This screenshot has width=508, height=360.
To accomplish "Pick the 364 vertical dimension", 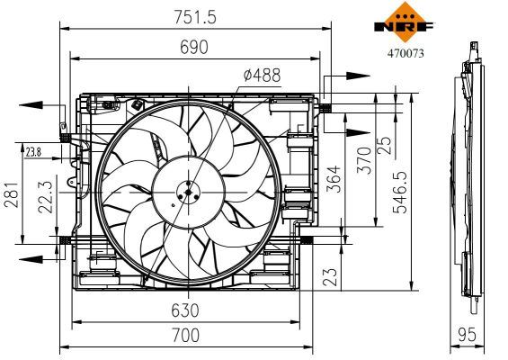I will coord(334,178).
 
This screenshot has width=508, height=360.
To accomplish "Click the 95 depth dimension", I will coord(466,335).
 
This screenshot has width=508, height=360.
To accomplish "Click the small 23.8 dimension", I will coord(33,151).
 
